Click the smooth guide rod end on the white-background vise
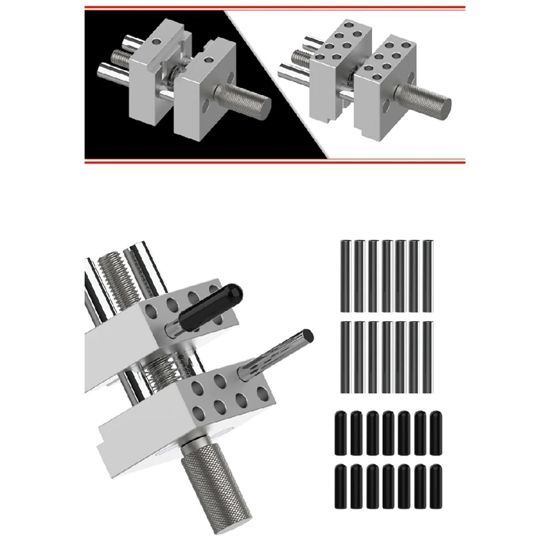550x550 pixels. pyautogui.click(x=287, y=69)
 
